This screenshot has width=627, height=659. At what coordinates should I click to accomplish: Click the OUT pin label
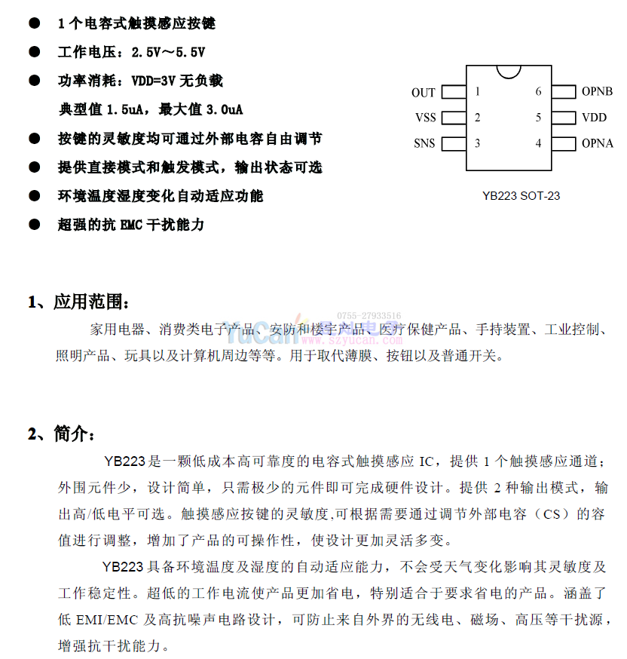(423, 93)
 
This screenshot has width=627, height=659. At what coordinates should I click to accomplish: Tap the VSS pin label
(425, 118)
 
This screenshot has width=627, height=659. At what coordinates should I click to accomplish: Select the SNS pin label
(424, 143)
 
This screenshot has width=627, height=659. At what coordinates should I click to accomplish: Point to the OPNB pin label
(597, 92)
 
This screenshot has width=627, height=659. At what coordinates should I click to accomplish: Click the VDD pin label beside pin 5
(594, 118)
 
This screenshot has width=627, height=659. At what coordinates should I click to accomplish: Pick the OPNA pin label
(597, 143)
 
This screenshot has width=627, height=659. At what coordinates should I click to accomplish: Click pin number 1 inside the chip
(478, 92)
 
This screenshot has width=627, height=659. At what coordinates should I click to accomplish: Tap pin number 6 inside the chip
(538, 92)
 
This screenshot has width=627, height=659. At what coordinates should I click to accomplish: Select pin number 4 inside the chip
(538, 143)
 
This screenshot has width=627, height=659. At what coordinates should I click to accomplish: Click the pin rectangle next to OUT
(453, 92)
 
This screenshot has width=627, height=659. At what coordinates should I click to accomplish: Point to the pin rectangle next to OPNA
(564, 143)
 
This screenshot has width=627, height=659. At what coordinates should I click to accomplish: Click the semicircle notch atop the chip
(509, 71)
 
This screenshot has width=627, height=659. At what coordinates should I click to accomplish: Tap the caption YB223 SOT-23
(521, 196)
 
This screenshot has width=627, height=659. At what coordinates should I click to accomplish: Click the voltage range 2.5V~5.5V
(168, 53)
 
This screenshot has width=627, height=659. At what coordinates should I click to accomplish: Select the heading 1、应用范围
(79, 302)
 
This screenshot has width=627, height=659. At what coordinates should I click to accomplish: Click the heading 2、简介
(63, 434)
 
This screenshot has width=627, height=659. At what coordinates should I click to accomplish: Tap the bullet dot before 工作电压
(34, 52)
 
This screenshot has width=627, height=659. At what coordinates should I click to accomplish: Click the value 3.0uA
(223, 110)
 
